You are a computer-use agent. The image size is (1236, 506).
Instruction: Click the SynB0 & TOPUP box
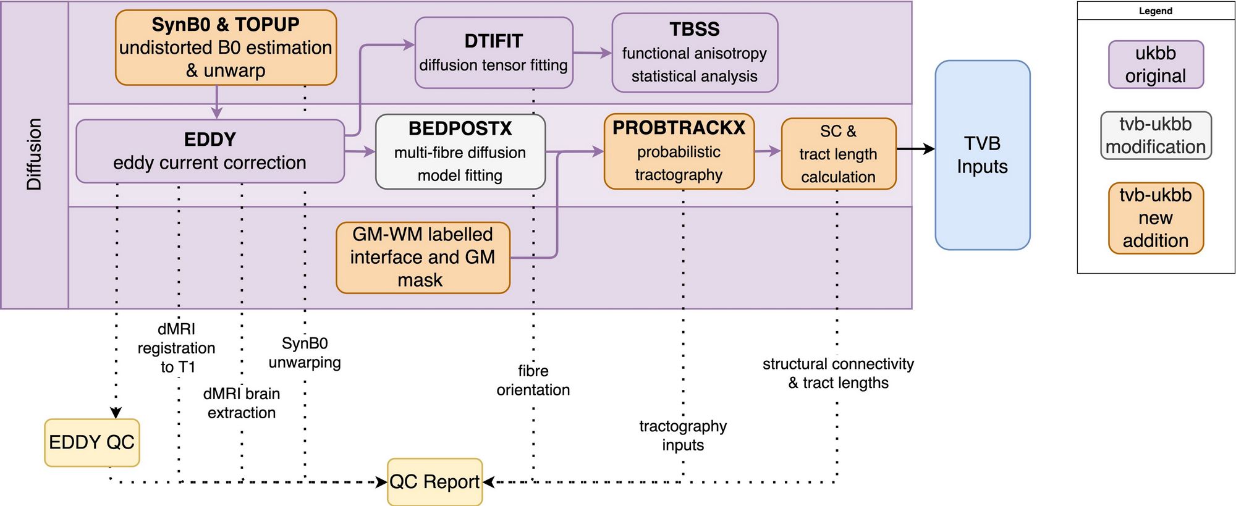tap(226, 48)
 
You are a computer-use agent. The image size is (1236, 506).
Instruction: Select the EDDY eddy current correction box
tap(210, 151)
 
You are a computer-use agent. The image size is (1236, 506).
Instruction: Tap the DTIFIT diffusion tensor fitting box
tap(493, 53)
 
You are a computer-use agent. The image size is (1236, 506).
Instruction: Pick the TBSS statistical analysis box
tap(694, 53)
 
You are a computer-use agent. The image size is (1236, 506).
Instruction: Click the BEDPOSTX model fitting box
tap(460, 151)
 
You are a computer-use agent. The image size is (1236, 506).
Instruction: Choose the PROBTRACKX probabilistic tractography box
tap(679, 151)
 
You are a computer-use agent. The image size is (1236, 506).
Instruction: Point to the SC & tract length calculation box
tap(838, 154)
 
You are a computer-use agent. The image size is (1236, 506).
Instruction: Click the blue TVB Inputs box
tap(982, 155)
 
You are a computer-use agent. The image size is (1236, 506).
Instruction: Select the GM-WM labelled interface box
tap(423, 257)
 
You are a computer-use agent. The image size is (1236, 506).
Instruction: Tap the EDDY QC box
tap(91, 442)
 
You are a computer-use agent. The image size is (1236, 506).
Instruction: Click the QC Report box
tap(434, 482)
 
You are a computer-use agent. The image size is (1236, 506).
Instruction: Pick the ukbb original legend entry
tap(1155, 64)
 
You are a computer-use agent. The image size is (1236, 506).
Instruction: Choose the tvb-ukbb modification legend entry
tap(1155, 135)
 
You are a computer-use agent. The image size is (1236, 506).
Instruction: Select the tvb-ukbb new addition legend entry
tap(1155, 217)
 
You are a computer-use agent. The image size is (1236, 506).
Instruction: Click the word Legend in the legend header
tap(1155, 11)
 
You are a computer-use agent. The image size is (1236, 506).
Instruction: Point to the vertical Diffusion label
tap(34, 154)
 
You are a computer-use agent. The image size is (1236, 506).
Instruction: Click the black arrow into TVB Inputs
tap(916, 149)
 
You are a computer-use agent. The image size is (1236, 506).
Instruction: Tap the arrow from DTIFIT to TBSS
tap(592, 53)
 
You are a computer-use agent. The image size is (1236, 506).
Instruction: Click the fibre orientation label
tap(533, 380)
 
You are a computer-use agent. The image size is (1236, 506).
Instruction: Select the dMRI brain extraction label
tap(242, 403)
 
